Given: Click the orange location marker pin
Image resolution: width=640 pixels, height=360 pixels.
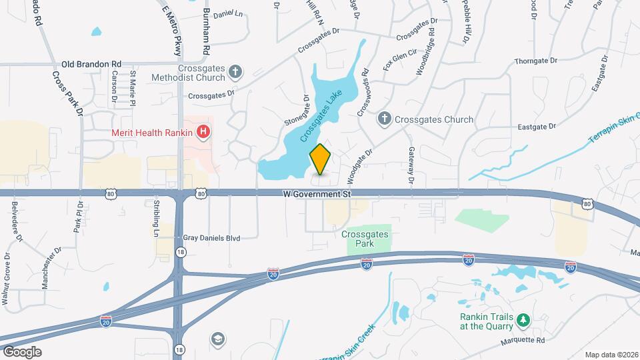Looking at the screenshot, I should pyautogui.click(x=321, y=159).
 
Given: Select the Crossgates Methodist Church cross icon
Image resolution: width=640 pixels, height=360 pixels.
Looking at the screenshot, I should pyautogui.click(x=235, y=71).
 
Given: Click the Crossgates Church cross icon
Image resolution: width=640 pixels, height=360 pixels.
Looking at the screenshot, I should pyautogui.click(x=383, y=119).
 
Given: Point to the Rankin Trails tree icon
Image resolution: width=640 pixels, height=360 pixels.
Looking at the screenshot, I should pyautogui.click(x=523, y=321).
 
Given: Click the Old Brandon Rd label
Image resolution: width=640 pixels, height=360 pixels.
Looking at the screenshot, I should pyautogui.click(x=91, y=65).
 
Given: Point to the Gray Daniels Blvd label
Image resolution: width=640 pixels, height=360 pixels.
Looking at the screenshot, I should pyautogui.click(x=211, y=237).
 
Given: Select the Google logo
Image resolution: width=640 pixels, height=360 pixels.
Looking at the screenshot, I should pyautogui.click(x=23, y=351).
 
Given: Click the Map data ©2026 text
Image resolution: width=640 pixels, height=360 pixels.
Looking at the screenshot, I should pyautogui.click(x=611, y=355).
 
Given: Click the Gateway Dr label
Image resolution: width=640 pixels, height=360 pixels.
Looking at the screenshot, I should pyautogui.click(x=411, y=166).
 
